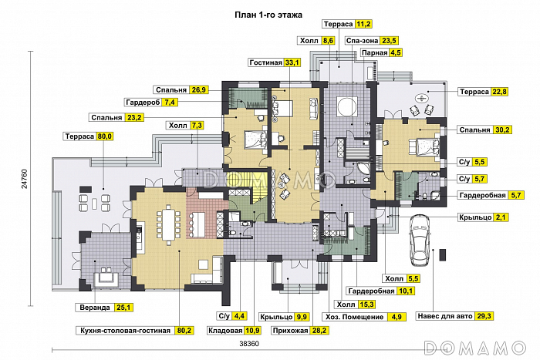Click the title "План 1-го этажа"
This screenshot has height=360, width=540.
[268, 15]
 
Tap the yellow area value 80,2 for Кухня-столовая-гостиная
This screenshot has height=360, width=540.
[185, 331]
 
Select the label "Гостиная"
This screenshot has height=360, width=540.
[265, 62]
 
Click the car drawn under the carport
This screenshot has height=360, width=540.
[420, 240]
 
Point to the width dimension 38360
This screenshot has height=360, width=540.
[249, 344]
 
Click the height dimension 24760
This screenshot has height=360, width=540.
[25, 178]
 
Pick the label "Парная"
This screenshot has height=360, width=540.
[375, 52]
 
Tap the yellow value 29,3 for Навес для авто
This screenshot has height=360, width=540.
[484, 316]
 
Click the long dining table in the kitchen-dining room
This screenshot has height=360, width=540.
[169, 224]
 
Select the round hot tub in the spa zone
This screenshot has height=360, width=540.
[347, 106]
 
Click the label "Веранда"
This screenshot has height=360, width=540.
[95, 308]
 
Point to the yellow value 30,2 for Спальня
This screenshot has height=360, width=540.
[501, 130]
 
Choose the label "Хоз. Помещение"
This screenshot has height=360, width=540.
[354, 317]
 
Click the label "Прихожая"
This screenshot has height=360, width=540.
[290, 331]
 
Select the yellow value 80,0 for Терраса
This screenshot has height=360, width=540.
[104, 136]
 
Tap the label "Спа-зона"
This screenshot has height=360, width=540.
[363, 41]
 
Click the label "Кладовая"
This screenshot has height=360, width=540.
[225, 331]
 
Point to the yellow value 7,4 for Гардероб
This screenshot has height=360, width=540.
[170, 103]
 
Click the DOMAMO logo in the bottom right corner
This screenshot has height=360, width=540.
[474, 348]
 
